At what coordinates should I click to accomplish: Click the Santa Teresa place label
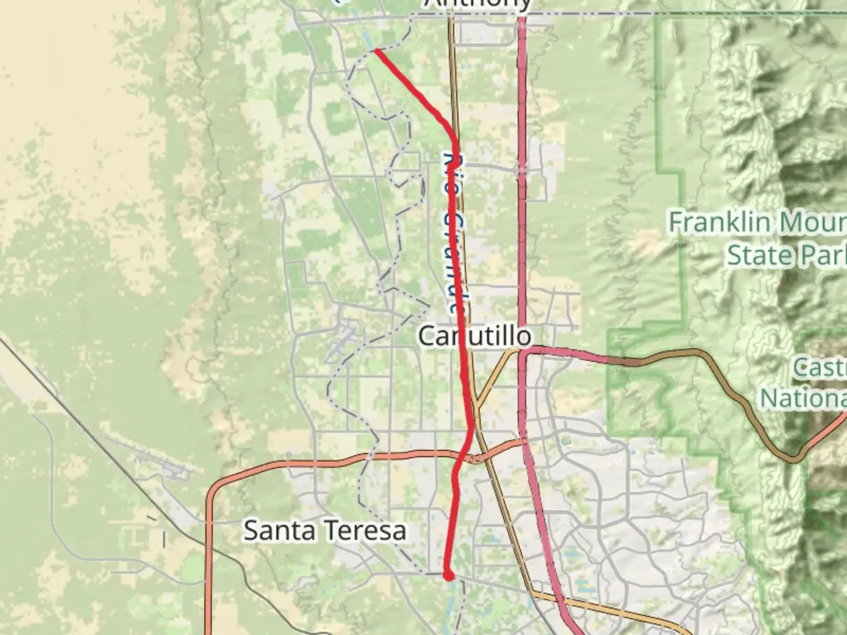point(325,531)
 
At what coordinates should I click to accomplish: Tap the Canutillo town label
point(475,336)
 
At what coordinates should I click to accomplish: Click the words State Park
point(786,255)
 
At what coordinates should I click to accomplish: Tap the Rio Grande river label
point(454,232)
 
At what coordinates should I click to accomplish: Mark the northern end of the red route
point(376,51)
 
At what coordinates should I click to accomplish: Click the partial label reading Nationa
point(803,399)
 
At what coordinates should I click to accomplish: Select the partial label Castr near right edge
point(819,367)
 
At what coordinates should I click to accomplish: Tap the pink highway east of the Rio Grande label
point(522,235)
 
